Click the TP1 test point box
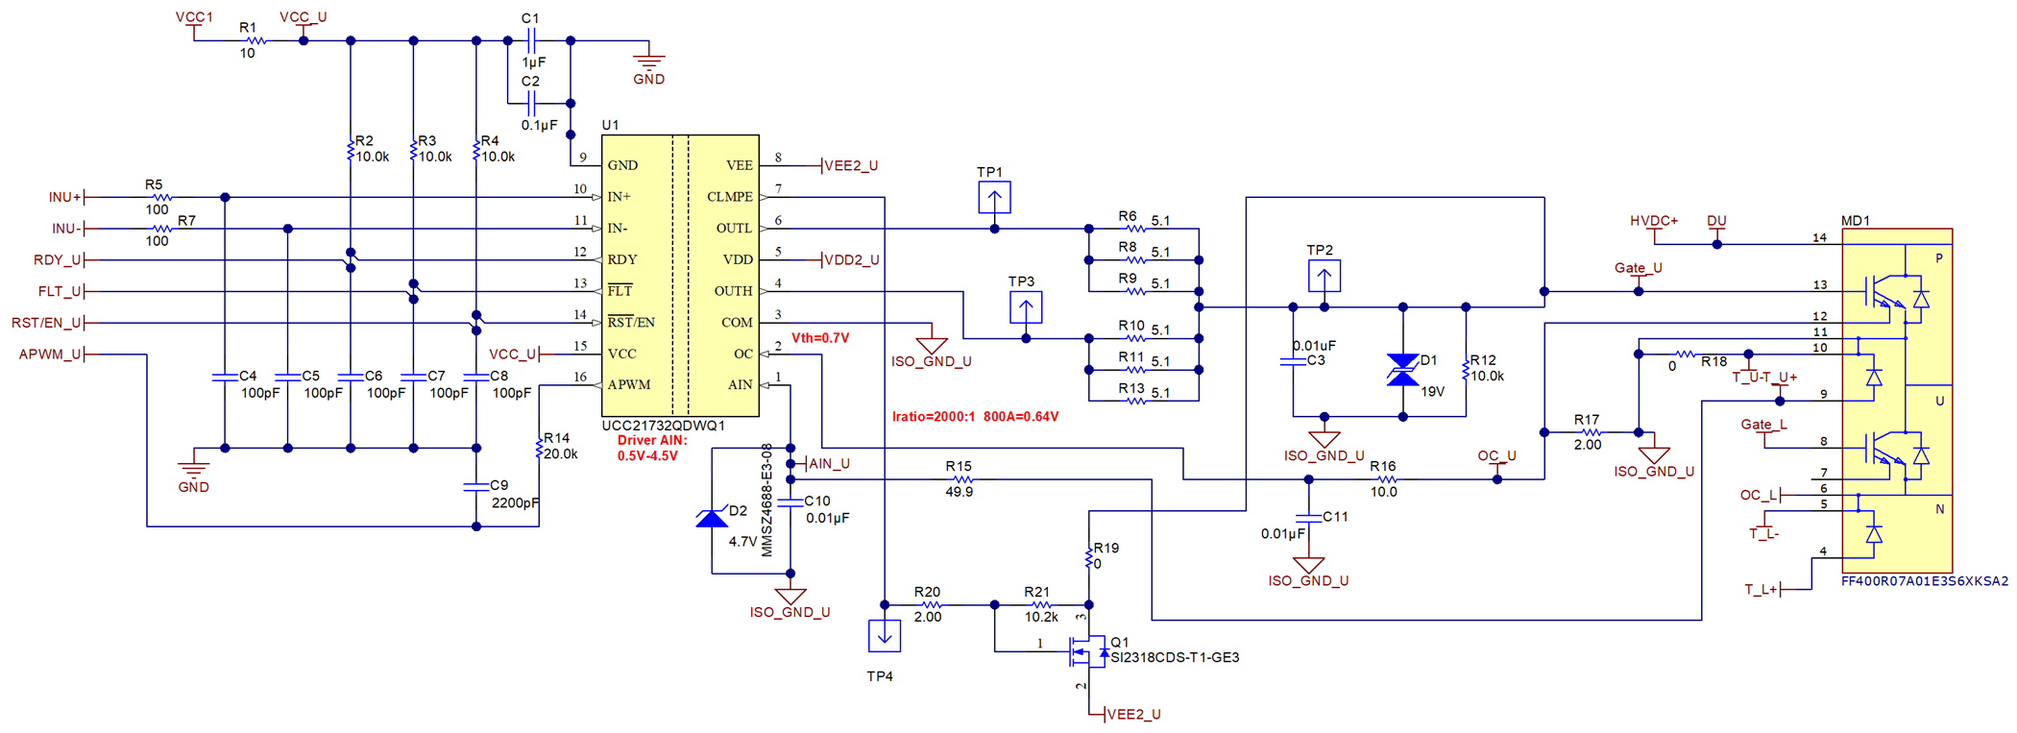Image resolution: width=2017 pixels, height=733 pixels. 994,198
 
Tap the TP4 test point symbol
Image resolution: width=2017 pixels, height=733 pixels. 884,635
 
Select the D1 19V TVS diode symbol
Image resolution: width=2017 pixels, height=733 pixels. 1402,370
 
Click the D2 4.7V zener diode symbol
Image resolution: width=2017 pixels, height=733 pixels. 712,519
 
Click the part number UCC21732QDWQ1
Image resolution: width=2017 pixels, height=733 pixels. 663,426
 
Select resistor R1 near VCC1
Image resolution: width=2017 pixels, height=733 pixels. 255,40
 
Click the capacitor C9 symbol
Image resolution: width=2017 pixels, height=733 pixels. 476,487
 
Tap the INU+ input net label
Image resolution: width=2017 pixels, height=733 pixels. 65,197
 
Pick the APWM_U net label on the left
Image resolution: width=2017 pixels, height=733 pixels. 50,354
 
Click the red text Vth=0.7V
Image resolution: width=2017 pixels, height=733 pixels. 819,338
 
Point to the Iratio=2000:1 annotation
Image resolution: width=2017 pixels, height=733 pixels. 975,417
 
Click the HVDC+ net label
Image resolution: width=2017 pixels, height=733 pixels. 1653,221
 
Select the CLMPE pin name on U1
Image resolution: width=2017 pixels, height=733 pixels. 729,197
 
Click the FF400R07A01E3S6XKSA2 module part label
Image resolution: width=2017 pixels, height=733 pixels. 1924,581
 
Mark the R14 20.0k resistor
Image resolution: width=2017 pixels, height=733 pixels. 540,448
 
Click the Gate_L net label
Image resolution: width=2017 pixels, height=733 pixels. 1763,425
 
